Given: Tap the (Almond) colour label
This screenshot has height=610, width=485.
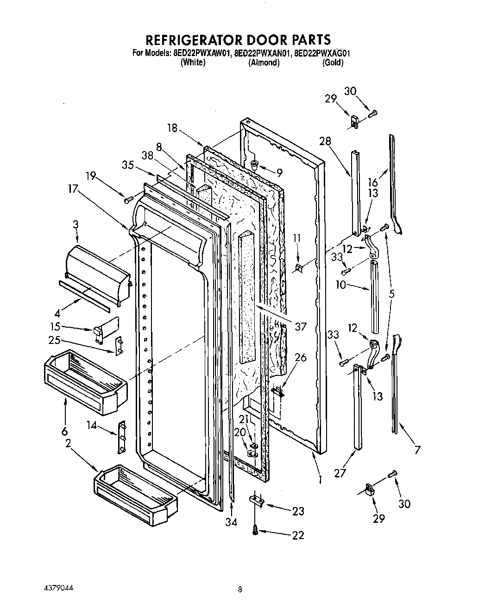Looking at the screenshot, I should coord(264,63).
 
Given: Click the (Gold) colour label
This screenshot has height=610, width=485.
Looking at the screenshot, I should coord(333,63).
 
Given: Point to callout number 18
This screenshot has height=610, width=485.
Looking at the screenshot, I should coord(172,127).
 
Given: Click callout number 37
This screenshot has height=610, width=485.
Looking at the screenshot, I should coord(301,326).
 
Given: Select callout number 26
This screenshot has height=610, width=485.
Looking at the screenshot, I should coord(301,357).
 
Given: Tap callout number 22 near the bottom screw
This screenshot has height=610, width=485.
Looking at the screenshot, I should coord(298,535).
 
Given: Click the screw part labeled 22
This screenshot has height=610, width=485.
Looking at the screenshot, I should coord(255,533).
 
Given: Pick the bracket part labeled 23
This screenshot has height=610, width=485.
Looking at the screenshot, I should coord(257,500).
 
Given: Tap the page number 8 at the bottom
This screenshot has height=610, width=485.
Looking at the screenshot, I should coord(239,590).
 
